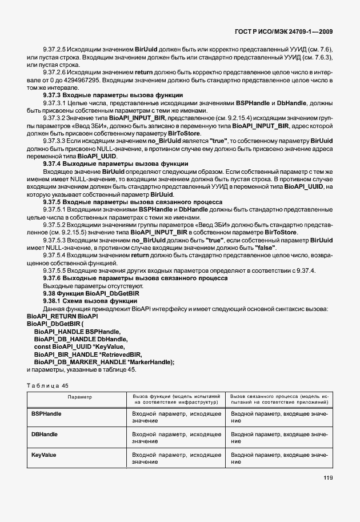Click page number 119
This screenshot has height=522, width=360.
[327, 494]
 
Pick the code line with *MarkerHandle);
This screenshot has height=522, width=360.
[104, 361]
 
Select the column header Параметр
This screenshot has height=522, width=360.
[76, 396]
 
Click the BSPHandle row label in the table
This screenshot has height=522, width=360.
[46, 413]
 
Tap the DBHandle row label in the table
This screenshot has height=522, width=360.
[45, 434]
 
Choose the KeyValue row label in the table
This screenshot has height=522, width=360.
[43, 455]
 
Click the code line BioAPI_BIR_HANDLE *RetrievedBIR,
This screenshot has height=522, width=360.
[87, 354]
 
